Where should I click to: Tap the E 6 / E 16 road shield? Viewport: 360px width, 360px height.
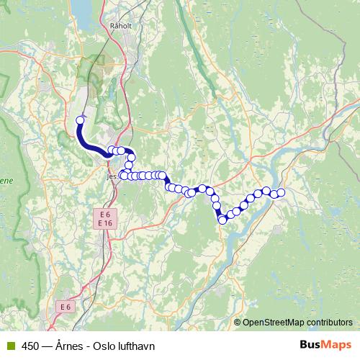click(105, 219)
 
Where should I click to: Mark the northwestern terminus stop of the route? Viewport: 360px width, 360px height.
click(80, 120)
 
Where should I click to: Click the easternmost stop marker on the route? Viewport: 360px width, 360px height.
click(281, 192)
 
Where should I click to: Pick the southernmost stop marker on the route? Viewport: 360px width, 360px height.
click(222, 220)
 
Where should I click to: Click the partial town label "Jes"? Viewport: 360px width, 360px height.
click(110, 175)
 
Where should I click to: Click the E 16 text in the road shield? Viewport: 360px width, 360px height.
click(105, 224)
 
